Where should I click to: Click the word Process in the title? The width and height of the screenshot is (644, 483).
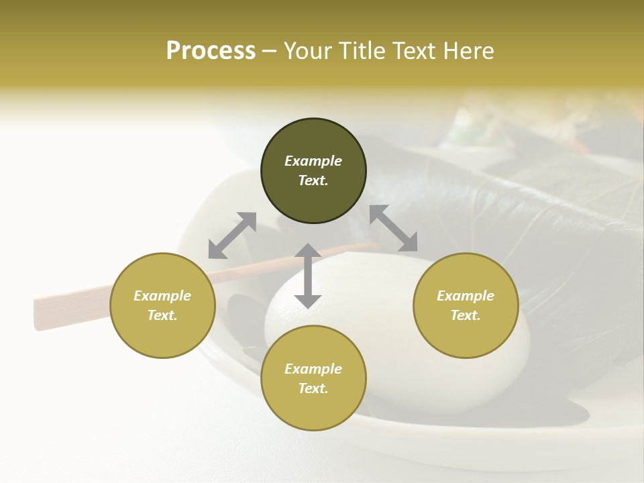(211, 51)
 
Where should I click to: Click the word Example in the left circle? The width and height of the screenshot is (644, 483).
(162, 296)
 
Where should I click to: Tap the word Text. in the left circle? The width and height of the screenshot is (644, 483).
(162, 315)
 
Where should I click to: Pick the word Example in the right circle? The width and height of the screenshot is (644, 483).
(466, 296)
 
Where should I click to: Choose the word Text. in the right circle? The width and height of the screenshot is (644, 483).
(466, 315)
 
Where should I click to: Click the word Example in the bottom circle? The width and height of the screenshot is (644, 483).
(313, 369)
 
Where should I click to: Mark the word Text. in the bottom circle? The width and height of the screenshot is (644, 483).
(313, 388)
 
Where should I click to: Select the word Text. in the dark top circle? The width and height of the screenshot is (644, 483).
(313, 180)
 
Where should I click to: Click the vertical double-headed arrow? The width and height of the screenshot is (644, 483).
(308, 276)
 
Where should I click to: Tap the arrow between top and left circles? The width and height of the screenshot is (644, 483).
(232, 235)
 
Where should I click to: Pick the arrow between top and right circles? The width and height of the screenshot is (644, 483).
(394, 229)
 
